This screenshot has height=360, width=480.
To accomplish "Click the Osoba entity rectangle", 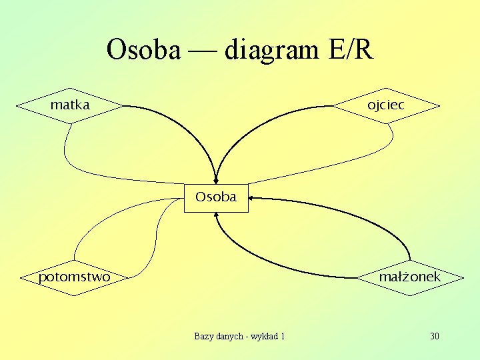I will pos(215,197).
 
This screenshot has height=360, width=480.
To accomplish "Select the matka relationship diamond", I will pos(70,105).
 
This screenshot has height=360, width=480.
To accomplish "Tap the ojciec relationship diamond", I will pos(387,105).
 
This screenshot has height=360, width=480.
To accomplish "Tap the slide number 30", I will pos(435,336).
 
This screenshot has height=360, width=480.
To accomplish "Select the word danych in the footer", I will pos(229,336).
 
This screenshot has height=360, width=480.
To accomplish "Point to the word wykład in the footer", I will pos(264,336).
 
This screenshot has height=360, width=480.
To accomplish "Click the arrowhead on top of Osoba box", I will pos(215,178).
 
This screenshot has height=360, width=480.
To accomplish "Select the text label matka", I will pos(70,105).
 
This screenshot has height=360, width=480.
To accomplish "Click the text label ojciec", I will pos(386,105).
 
